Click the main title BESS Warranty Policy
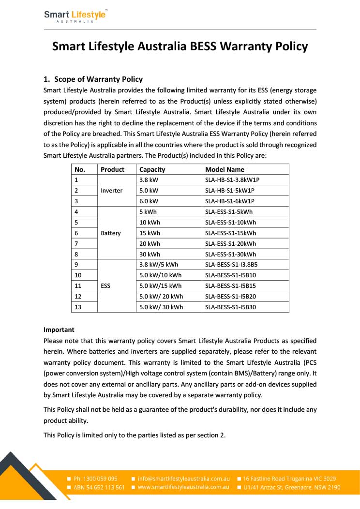click(x=180, y=46)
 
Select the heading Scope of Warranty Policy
click(x=98, y=79)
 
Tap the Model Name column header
click(x=225, y=169)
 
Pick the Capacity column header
click(x=152, y=169)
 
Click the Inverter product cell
click(x=111, y=191)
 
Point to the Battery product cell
click(x=111, y=233)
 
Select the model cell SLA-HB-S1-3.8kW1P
click(x=236, y=180)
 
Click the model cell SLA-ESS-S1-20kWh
click(x=230, y=244)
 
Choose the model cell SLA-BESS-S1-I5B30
click(x=231, y=307)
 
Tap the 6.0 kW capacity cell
click(x=149, y=201)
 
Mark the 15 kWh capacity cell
click(x=150, y=233)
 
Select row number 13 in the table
click(x=78, y=307)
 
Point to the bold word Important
click(x=59, y=330)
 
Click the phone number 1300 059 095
click(x=95, y=479)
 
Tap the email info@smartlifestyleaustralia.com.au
click(x=183, y=479)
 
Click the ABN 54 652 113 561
click(x=99, y=487)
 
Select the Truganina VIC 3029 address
click(x=289, y=479)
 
